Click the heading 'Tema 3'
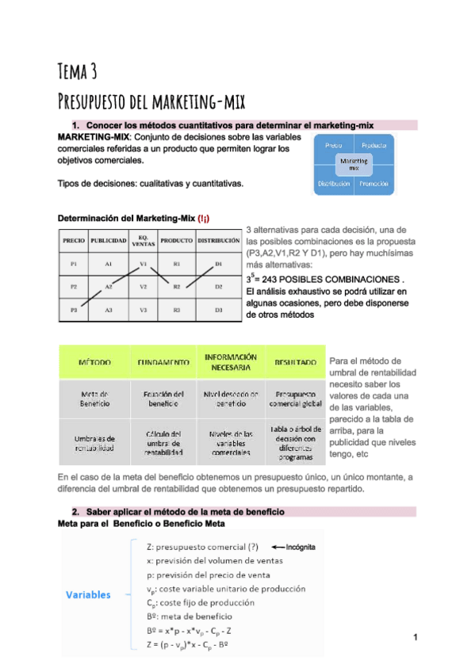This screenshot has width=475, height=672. [78, 71]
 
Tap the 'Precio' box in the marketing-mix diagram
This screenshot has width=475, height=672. [333, 147]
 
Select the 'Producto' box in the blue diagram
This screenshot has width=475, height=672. [373, 147]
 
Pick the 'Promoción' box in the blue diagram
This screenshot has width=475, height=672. [373, 184]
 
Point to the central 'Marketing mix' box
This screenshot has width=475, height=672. [354, 165]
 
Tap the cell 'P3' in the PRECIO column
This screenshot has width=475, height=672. [74, 310]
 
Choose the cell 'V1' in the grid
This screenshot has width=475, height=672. [144, 264]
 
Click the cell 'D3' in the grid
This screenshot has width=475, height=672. [218, 310]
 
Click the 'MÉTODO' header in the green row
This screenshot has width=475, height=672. [94, 362]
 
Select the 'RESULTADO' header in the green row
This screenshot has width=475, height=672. [296, 362]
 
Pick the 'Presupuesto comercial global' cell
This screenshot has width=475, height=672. [296, 399]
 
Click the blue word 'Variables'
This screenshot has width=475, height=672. [88, 594]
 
